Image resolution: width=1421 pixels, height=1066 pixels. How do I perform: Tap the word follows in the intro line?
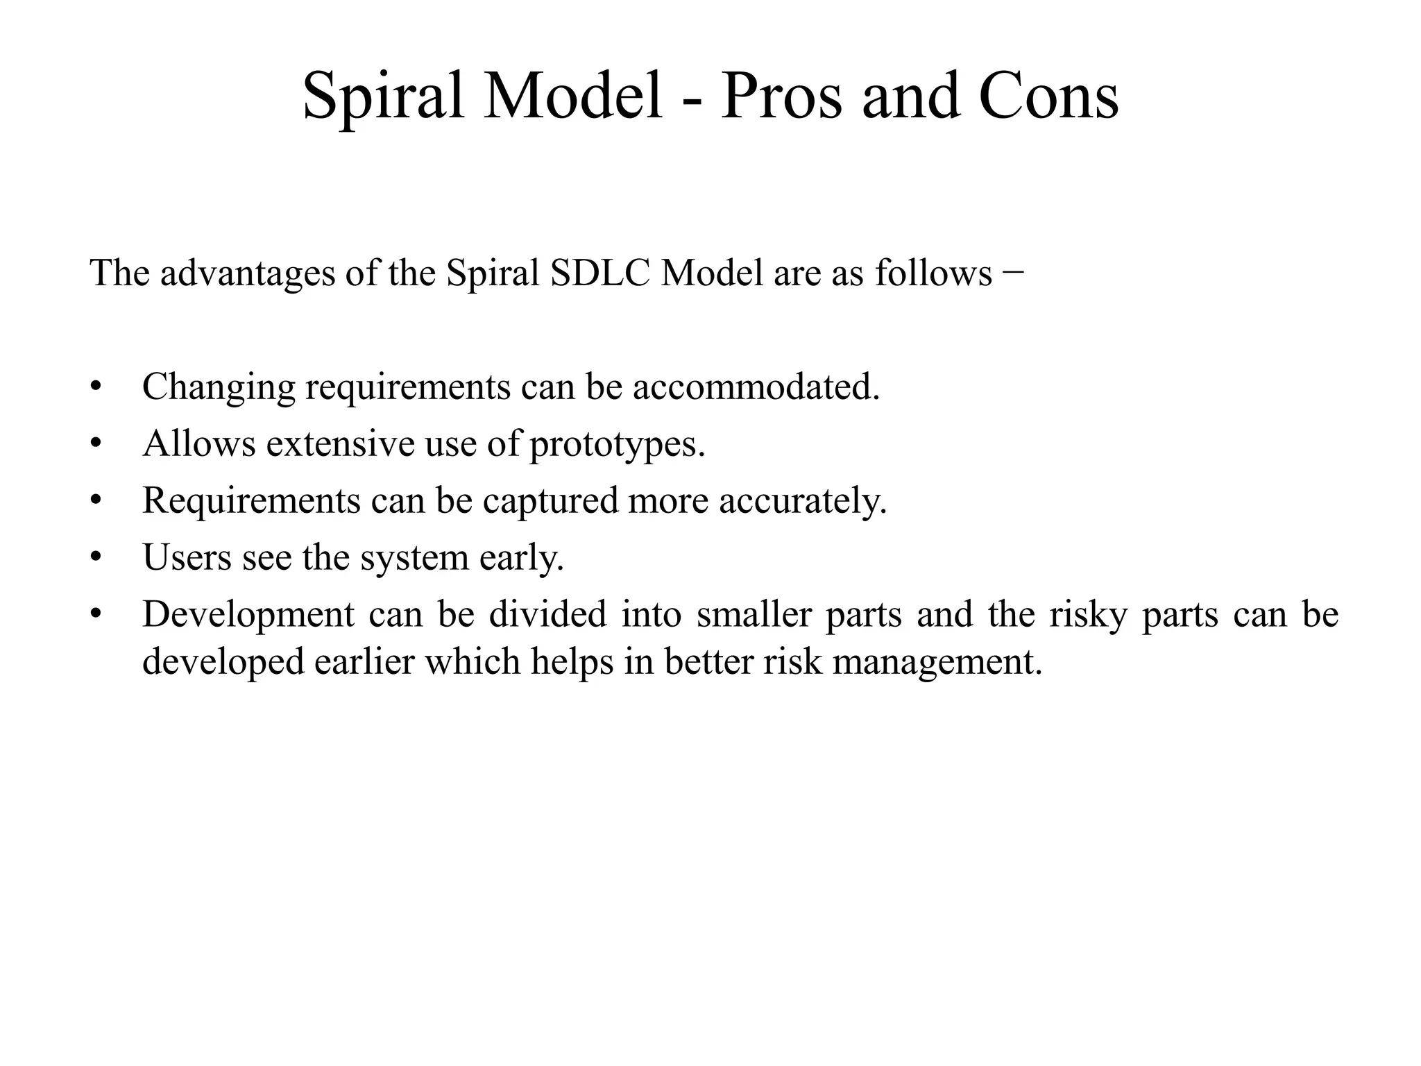933,273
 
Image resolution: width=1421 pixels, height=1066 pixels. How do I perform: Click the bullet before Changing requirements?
96,387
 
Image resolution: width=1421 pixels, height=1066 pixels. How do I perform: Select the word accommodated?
756,387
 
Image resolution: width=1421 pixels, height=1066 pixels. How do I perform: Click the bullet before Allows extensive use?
96,444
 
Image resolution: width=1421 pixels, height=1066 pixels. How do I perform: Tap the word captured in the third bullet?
550,501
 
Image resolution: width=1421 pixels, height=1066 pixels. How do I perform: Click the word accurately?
803,501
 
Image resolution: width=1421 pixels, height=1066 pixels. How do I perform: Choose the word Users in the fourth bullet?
187,557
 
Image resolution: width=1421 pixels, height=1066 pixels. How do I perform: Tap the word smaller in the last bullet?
754,615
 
